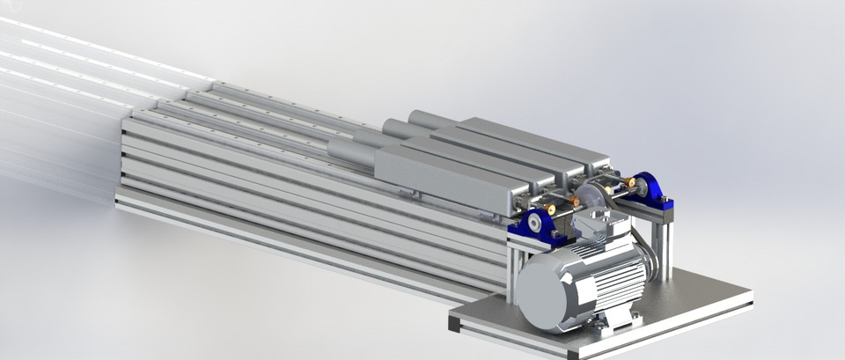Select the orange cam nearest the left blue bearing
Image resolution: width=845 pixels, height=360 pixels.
(x=551, y=209)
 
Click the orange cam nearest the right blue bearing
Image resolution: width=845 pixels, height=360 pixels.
(x=630, y=183)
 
